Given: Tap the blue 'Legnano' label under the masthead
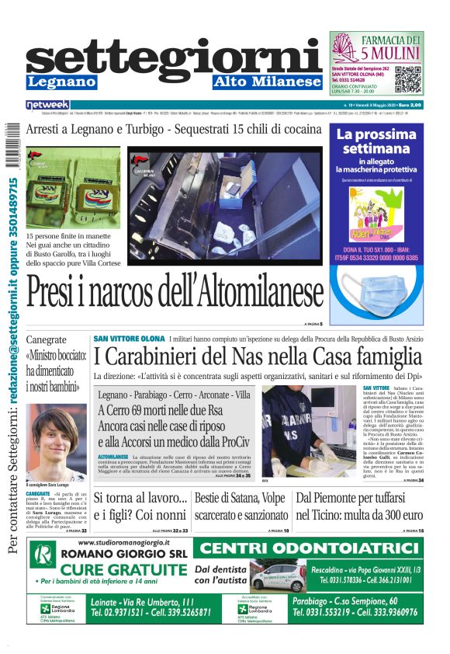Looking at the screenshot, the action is pyautogui.click(x=61, y=82).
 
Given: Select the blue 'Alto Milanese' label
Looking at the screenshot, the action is pyautogui.click(x=267, y=82).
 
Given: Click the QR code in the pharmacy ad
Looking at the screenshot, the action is pyautogui.click(x=408, y=79).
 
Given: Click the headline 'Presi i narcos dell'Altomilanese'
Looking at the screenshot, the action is pyautogui.click(x=175, y=294).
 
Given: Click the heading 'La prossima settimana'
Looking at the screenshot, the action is pyautogui.click(x=378, y=140).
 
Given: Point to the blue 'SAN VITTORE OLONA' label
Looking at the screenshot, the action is pyautogui.click(x=129, y=339).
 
